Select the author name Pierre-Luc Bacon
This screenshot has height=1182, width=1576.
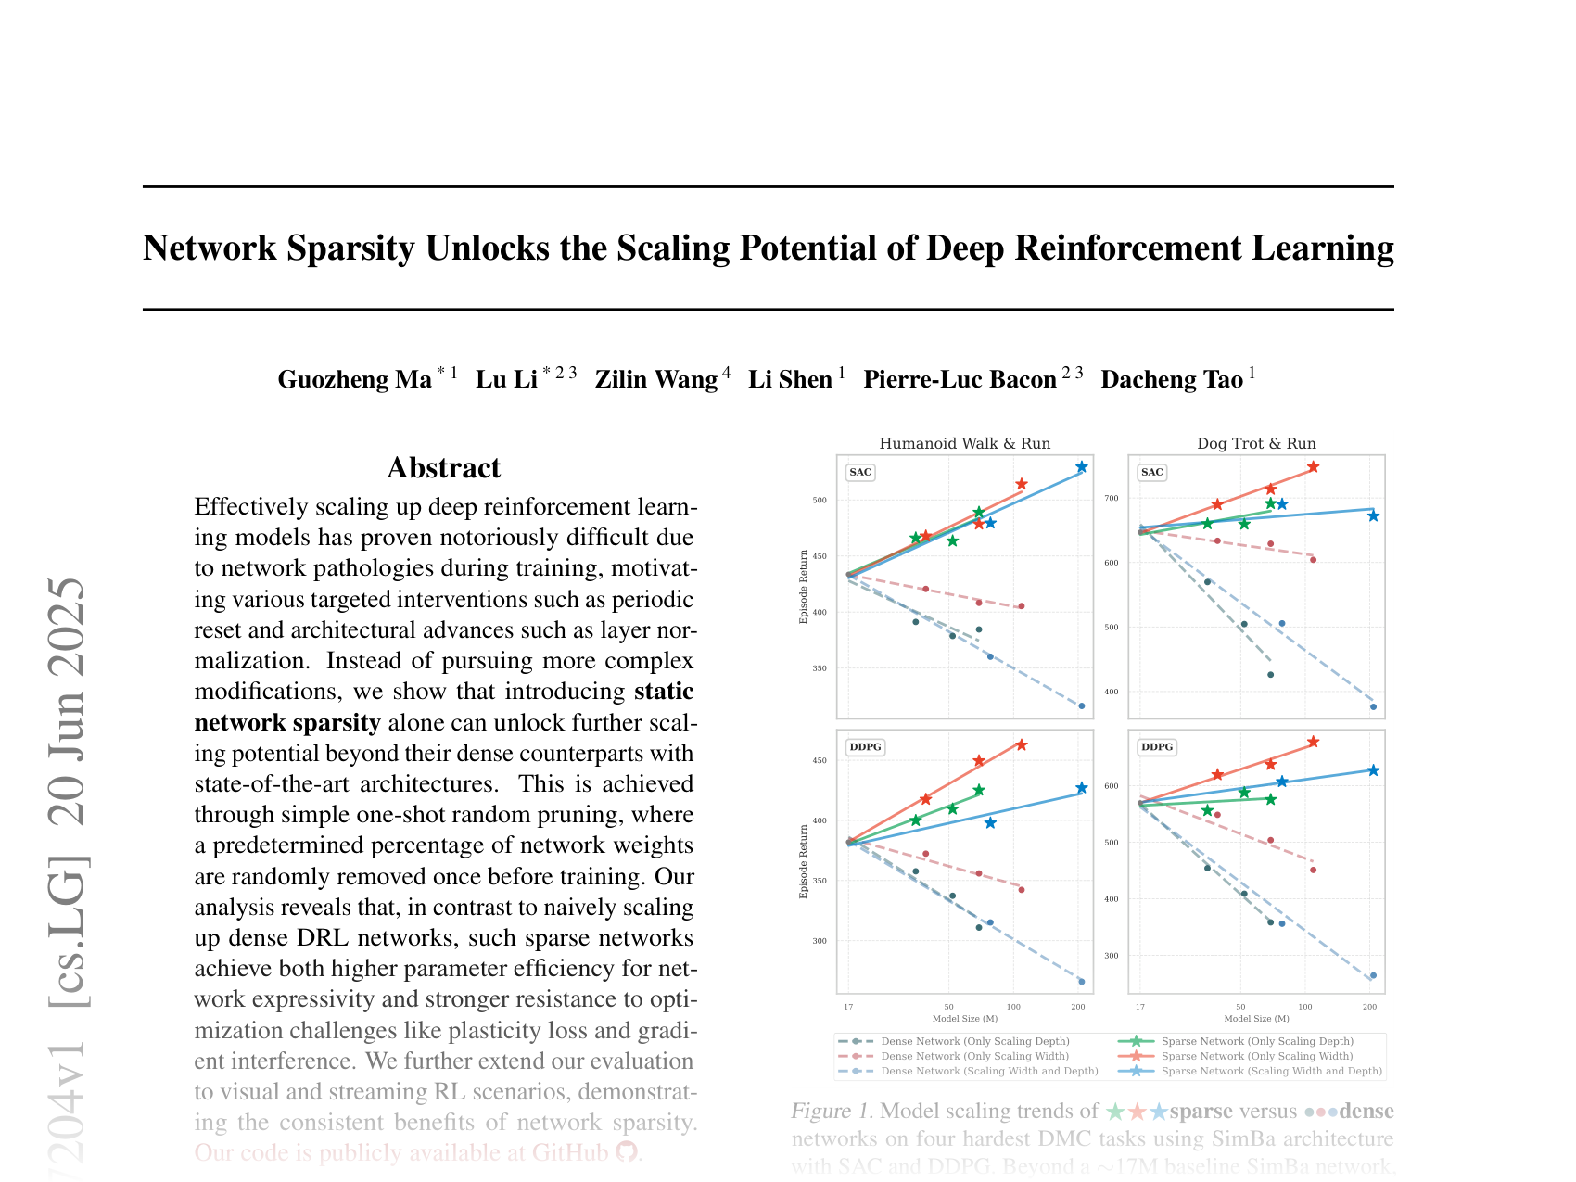tap(960, 379)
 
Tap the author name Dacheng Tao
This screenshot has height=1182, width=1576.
tap(1171, 379)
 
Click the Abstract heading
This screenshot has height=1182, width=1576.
tap(443, 467)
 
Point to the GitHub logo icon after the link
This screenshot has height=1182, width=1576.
tap(627, 1152)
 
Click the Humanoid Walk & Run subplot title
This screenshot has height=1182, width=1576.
tap(964, 443)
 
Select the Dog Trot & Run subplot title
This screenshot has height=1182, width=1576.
tap(1256, 443)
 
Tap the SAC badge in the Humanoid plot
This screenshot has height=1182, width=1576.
tap(860, 472)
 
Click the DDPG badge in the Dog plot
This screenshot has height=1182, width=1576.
tap(1156, 746)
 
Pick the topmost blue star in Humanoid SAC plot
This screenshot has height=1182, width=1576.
tap(1081, 467)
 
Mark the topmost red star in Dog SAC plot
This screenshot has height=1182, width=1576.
tap(1313, 467)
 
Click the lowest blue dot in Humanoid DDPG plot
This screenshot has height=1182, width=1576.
tap(1081, 982)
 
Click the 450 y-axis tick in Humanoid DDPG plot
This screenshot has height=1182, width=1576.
tap(819, 761)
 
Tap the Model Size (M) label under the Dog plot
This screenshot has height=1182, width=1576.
tap(1256, 1019)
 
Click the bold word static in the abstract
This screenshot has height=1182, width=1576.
tap(664, 692)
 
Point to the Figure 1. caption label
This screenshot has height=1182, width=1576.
tap(832, 1111)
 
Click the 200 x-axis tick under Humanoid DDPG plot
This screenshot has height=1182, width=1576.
tap(1078, 1006)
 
